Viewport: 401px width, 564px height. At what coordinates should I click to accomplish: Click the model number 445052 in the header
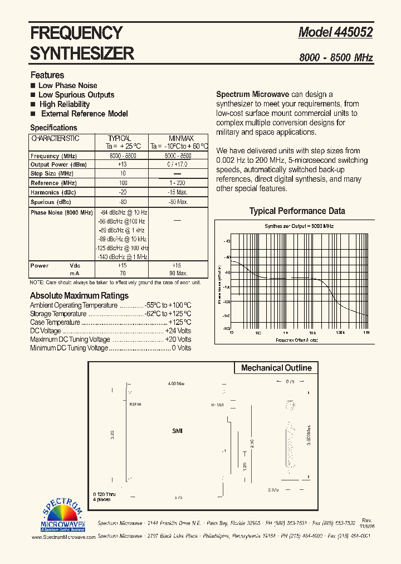(x=353, y=32)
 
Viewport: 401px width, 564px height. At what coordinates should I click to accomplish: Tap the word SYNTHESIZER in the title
(x=82, y=54)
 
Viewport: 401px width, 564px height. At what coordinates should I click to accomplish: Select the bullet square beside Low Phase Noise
(x=33, y=85)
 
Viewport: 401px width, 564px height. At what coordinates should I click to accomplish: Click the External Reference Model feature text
(x=84, y=114)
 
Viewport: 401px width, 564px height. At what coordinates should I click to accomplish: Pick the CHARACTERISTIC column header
(x=55, y=138)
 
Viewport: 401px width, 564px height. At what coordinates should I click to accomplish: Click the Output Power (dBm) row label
(x=57, y=165)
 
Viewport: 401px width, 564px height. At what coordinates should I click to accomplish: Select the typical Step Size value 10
(x=123, y=174)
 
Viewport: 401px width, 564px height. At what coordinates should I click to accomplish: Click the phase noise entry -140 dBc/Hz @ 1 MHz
(x=123, y=256)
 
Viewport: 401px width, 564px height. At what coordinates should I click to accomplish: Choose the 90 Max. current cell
(x=178, y=274)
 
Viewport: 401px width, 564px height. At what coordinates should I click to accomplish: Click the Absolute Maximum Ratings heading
(x=79, y=296)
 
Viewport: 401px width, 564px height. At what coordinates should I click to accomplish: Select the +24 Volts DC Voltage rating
(x=178, y=331)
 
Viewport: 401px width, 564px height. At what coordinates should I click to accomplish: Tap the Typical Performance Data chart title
(x=297, y=211)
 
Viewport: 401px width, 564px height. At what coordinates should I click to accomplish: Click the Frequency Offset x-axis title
(x=297, y=339)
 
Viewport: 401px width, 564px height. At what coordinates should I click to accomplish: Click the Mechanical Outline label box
(x=276, y=368)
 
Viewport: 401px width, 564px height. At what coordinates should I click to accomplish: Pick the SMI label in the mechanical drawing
(x=177, y=431)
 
